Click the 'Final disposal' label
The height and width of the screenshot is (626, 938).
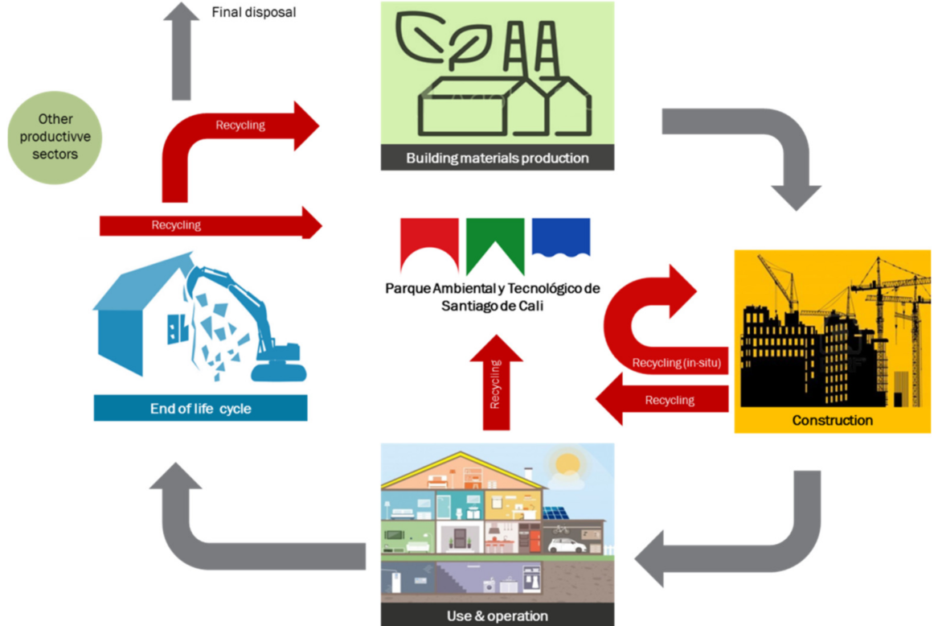point(253,12)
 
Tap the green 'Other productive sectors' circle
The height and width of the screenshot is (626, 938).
point(55,137)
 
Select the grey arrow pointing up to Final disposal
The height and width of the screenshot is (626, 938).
point(182,52)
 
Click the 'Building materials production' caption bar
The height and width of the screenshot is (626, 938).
point(497,158)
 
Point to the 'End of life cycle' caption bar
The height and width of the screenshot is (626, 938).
point(200,409)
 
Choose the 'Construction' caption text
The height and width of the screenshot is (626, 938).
point(832,420)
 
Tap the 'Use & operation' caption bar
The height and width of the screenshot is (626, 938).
point(497,616)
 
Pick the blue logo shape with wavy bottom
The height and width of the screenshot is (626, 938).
point(560,237)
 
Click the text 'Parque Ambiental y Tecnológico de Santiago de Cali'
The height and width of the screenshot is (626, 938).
point(493,297)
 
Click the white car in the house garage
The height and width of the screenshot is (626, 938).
point(567,545)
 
